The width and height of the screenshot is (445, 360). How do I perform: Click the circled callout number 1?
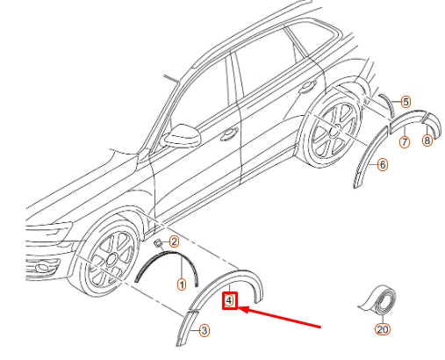coord(182,284)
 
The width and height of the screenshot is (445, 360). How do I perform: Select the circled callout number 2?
coord(174,241)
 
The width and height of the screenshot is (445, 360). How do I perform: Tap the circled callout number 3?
coord(205,331)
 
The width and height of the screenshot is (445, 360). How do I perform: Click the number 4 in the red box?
coord(229,300)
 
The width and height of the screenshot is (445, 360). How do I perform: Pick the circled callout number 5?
coord(406,102)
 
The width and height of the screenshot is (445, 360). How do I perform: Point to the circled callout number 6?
coord(383,165)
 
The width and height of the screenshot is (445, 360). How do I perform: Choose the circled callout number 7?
coord(405,142)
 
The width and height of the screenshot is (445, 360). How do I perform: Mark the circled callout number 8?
coord(427,140)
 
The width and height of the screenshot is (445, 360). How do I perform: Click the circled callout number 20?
coord(383,329)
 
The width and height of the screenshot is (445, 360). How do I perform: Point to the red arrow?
coord(279,317)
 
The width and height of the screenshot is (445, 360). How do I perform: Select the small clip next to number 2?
coord(158,243)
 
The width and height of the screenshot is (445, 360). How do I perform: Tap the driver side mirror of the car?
coord(182,135)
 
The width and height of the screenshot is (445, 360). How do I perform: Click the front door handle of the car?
coord(229,133)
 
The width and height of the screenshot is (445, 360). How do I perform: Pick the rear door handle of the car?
coord(307,87)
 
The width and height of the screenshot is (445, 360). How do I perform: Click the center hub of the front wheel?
coord(111,260)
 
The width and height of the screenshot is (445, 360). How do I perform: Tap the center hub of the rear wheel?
coord(334,132)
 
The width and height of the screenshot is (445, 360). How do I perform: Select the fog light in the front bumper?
coord(43,267)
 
